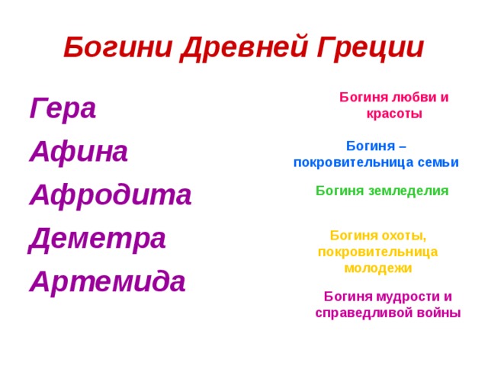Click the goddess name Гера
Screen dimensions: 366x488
click(63, 109)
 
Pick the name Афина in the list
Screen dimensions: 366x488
click(79, 152)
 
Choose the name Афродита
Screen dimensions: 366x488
click(111, 194)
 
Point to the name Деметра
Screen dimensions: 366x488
click(97, 239)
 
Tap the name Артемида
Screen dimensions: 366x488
click(108, 281)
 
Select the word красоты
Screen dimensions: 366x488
click(393, 114)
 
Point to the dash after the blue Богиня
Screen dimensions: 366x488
click(403, 146)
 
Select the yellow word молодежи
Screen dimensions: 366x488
click(378, 268)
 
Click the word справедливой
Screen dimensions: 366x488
click(362, 313)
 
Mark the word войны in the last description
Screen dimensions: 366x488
click(436, 313)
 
